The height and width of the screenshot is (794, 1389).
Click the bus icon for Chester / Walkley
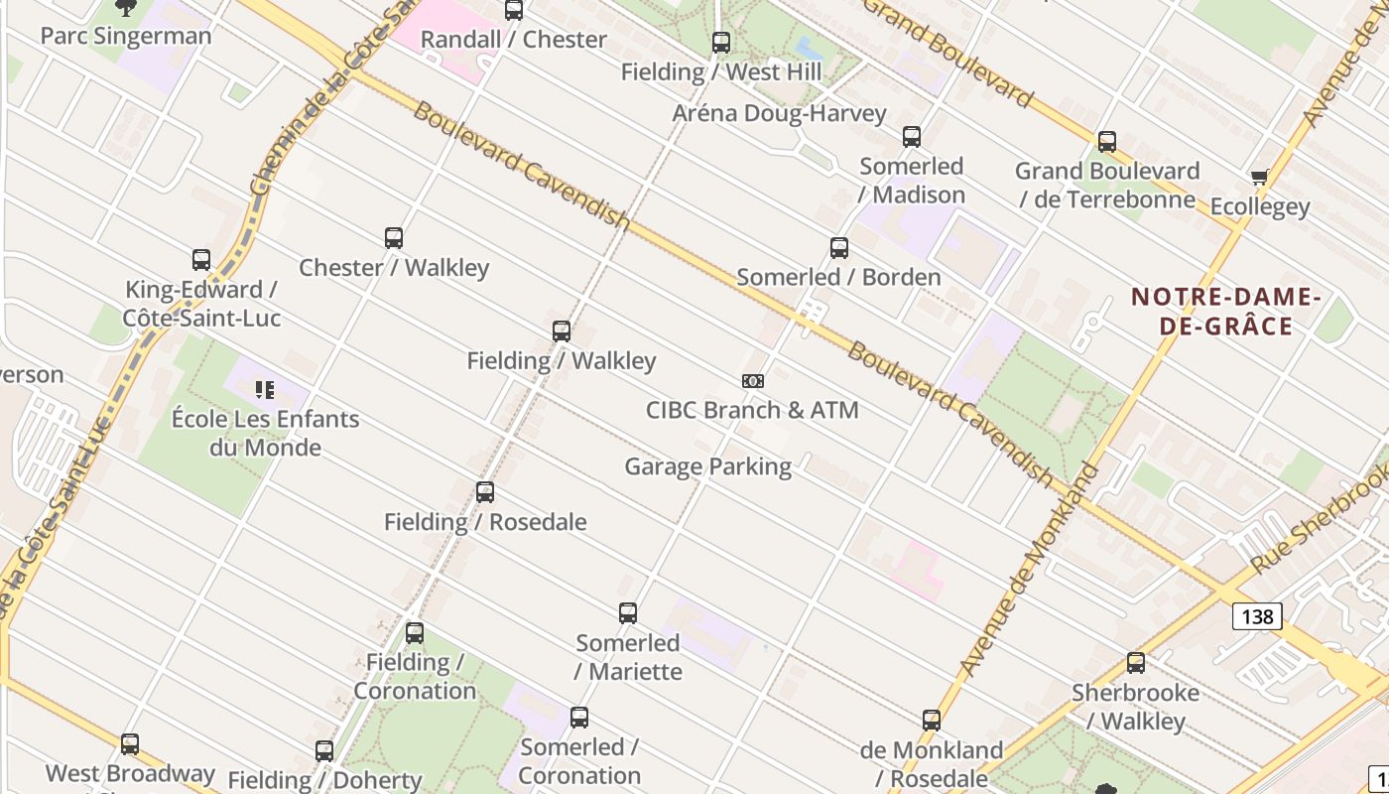[394, 238]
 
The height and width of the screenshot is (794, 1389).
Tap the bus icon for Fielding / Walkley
[562, 331]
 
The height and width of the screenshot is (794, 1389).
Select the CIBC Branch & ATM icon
[753, 381]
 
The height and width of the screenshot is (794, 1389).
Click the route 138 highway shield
[1257, 616]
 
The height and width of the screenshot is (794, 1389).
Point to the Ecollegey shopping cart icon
[1259, 178]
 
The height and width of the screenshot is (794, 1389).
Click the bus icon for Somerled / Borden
[839, 248]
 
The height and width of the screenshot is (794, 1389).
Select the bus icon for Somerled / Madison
[912, 137]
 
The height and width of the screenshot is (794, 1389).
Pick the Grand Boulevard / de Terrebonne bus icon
[1107, 142]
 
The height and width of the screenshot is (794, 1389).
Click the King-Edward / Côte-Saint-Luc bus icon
[201, 260]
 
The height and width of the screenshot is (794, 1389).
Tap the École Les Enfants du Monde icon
[264, 390]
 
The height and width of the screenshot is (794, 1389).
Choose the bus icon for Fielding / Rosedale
[485, 492]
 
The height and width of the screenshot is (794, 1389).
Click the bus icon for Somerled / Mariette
[628, 613]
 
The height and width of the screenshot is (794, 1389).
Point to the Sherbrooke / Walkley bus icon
[1136, 663]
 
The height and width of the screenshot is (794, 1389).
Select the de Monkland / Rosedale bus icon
[932, 721]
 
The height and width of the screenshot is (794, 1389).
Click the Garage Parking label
[707, 466]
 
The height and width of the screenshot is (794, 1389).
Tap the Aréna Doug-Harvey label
[779, 113]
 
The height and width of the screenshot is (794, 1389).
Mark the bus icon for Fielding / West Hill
[721, 43]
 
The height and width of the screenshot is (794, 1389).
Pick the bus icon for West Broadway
[130, 744]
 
